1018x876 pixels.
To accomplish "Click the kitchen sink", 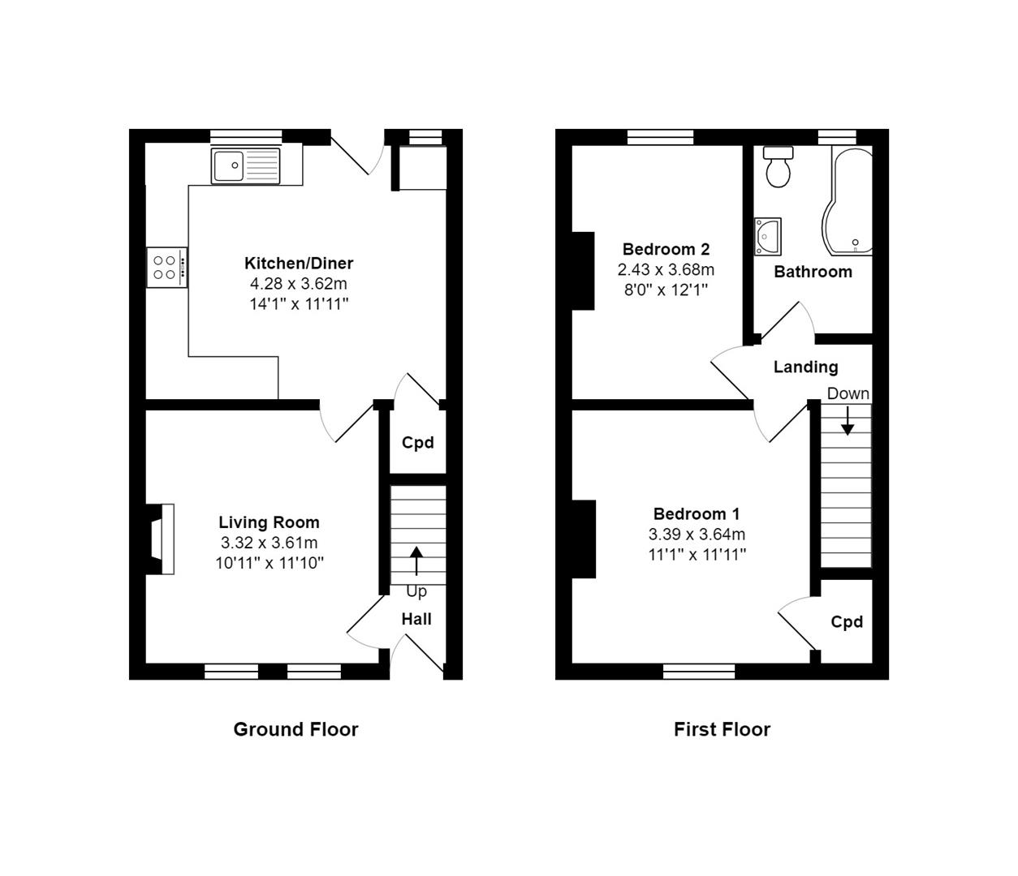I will tap(245, 165).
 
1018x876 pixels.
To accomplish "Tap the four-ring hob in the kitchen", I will tap(166, 267).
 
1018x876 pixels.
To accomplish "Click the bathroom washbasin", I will tap(767, 235).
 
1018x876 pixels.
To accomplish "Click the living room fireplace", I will tap(161, 539).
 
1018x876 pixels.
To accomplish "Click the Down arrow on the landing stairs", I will tap(848, 420).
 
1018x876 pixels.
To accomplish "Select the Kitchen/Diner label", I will tap(299, 263).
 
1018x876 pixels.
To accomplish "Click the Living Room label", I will tap(269, 522).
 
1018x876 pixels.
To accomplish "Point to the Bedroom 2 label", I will tap(666, 249).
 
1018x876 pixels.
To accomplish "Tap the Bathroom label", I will tap(813, 272).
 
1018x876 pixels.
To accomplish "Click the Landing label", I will tap(805, 367).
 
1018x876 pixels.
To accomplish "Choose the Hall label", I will tap(416, 619).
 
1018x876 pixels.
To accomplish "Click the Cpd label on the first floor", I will tap(847, 622).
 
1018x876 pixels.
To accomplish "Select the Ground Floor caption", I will tap(295, 729).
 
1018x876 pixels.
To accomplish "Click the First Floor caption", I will tap(722, 729).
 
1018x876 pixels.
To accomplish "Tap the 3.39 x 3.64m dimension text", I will tap(697, 535).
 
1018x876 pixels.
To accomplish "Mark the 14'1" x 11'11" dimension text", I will tap(299, 304).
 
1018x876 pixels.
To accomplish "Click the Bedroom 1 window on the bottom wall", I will tap(699, 671).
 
